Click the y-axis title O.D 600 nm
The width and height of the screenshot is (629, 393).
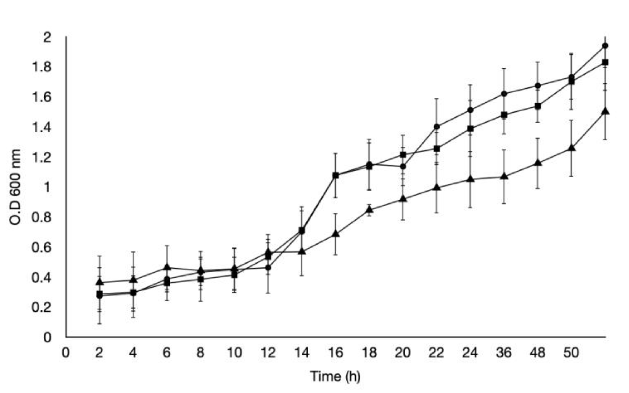point(15,187)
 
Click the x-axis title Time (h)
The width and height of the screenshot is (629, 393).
point(335,376)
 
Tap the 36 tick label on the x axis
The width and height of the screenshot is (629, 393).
point(504,353)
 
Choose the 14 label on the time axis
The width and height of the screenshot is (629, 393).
point(302,353)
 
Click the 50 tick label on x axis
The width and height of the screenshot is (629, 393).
point(571,353)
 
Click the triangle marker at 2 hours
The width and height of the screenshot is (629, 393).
point(100,282)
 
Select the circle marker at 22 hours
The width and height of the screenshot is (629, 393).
point(437,127)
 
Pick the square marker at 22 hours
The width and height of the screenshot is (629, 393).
point(437,149)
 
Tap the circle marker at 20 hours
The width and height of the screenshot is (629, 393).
point(403,166)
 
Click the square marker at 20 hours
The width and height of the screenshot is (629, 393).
point(403,155)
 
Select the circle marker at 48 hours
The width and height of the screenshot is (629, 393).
point(538,86)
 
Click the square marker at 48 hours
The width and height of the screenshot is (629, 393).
point(538,106)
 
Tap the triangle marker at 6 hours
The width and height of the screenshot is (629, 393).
point(167,267)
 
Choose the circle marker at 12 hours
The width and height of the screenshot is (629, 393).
point(268,267)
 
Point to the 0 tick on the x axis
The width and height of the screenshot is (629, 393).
point(65,353)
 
